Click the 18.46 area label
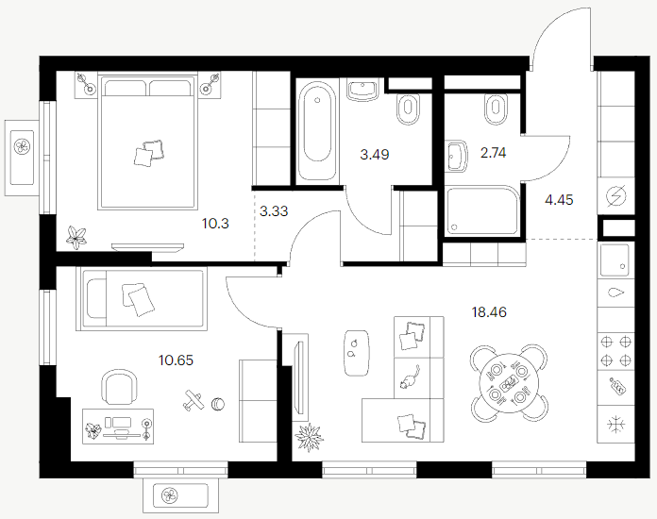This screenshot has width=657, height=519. (x=489, y=312)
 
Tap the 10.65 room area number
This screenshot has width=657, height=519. (x=176, y=360)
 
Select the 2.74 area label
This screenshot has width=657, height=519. (x=493, y=153)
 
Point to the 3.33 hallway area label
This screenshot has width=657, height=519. (x=274, y=210)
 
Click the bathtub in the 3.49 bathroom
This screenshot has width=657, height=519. (x=317, y=130)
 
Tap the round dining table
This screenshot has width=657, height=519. (x=509, y=383)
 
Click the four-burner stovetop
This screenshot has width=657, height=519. (x=615, y=351)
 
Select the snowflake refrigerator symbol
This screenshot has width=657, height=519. (x=616, y=425)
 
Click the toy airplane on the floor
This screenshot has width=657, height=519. (x=193, y=399)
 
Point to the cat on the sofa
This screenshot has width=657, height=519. (x=410, y=377)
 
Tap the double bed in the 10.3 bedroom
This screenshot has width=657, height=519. (x=147, y=142)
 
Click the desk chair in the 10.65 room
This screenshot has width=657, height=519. (x=120, y=386)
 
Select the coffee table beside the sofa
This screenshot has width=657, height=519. (x=357, y=353)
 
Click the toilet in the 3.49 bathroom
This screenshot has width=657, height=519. (x=408, y=109)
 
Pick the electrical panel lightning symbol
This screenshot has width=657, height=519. (x=616, y=195)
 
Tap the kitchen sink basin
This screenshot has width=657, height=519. (x=615, y=260)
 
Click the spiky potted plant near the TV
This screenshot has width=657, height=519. (x=309, y=437)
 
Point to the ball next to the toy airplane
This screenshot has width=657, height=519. (x=218, y=404)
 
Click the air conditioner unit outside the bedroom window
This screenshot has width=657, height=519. (x=22, y=158)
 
